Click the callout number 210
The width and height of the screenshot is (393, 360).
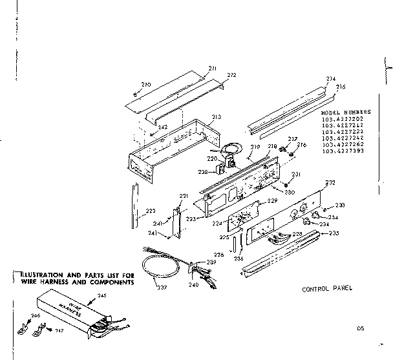pyautogui.click(x=145, y=85)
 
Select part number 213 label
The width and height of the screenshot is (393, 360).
pyautogui.click(x=216, y=117)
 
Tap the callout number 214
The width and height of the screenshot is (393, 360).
pyautogui.click(x=331, y=79)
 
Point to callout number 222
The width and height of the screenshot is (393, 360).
pyautogui.click(x=150, y=211)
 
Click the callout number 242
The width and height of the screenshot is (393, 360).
pyautogui.click(x=163, y=127)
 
